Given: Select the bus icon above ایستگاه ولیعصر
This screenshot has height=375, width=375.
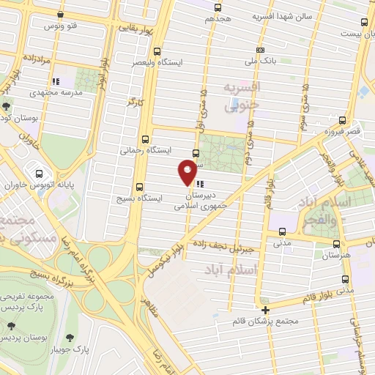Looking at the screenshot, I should click(x=157, y=51).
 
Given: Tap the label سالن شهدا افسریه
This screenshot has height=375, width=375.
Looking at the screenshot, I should click(x=283, y=15).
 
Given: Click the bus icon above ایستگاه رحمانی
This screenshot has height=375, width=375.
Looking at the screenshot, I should click(x=145, y=138).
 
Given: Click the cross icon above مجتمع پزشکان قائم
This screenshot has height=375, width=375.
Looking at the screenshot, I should click(x=266, y=309).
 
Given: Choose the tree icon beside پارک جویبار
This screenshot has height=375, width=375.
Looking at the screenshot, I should click(x=70, y=338).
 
